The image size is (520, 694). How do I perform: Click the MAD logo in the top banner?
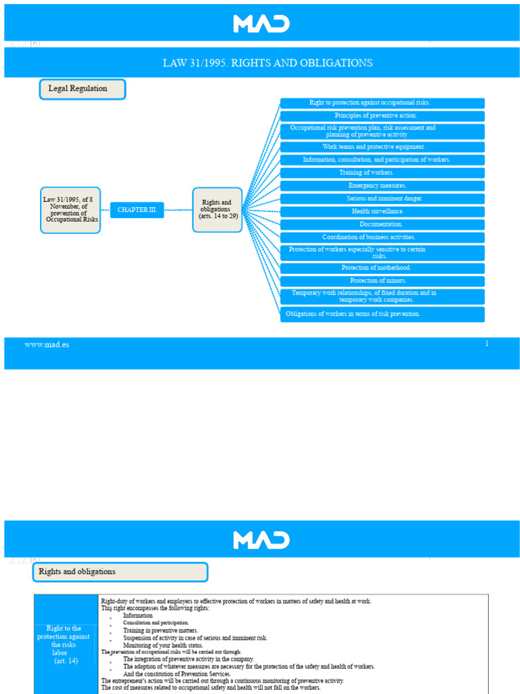pos(261,24)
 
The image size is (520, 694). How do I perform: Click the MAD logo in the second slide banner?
pos(261,539)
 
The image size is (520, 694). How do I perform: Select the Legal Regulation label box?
pos(82,89)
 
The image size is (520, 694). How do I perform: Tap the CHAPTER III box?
pos(137,210)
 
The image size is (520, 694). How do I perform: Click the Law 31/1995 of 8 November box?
pos(70,210)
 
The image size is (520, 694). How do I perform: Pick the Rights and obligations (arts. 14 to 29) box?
pos(217,210)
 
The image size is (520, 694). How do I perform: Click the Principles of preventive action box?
pos(383,116)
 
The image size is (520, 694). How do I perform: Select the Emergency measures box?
pos(383,186)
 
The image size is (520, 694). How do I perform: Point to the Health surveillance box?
pos(383,211)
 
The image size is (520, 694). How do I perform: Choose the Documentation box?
pos(383,224)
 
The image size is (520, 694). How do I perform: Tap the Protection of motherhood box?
pos(383,268)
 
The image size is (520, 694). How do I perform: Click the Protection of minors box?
pos(383,281)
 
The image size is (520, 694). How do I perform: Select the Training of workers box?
pos(383,173)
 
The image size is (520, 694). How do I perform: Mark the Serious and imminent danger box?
pos(383,199)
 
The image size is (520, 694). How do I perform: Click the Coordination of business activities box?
pos(383,237)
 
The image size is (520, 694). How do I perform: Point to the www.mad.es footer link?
pos(47,345)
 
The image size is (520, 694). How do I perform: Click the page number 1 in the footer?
pos(487,344)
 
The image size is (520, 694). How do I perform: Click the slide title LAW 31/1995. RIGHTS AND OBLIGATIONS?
pos(267,63)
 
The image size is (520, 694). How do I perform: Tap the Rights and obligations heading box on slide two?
pos(121,572)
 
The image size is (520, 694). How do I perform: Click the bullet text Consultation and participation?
pos(156,623)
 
